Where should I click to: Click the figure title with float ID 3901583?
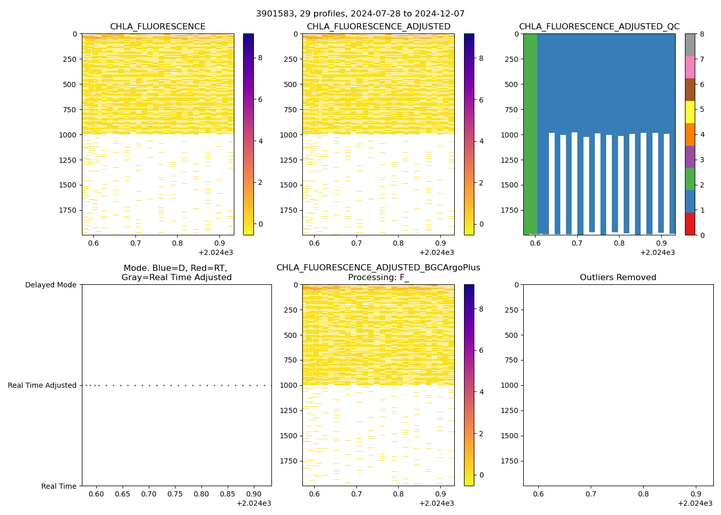[360, 14]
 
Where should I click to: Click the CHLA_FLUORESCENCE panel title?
[158, 27]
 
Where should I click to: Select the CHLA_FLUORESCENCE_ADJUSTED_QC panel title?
[599, 27]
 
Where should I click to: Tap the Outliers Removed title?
[618, 278]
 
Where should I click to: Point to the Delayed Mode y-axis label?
[50, 285]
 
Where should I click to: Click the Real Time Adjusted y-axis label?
[42, 385]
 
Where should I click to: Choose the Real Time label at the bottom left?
[59, 486]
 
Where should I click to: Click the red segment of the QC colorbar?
[690, 224]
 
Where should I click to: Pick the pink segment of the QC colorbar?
[690, 67]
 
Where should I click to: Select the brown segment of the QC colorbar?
[690, 90]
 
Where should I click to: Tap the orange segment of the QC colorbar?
[690, 134]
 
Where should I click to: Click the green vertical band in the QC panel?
[530, 134]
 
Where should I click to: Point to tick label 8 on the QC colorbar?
[701, 34]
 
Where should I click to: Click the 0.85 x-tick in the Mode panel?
[228, 494]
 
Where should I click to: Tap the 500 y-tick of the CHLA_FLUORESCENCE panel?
[71, 84]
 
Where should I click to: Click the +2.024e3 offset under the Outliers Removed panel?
[695, 503]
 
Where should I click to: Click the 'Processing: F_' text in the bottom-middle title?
[378, 278]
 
